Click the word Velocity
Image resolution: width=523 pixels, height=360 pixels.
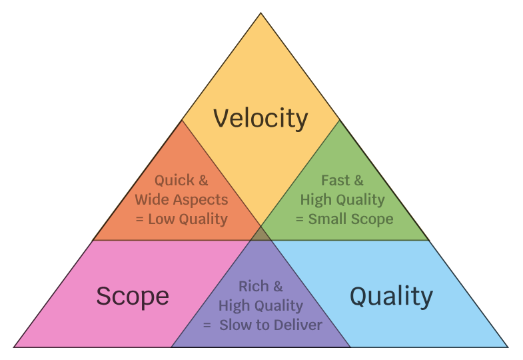(261, 119)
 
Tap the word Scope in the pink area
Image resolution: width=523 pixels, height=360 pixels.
(132, 295)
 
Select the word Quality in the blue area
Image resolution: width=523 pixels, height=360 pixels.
(391, 295)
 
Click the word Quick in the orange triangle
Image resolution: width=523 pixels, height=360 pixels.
(175, 180)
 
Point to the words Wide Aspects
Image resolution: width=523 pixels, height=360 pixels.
(181, 199)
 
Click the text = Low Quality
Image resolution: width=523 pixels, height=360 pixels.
(181, 219)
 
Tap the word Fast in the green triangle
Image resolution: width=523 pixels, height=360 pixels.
(335, 180)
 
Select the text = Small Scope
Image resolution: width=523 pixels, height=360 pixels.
(344, 219)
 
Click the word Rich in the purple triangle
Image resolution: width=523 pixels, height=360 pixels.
(253, 286)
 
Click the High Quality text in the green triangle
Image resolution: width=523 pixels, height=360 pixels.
(342, 199)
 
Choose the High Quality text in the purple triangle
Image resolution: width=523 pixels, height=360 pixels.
(261, 306)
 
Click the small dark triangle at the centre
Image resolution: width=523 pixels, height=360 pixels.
(261, 233)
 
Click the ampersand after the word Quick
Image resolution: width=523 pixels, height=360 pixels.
(203, 180)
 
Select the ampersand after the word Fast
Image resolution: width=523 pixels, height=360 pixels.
(358, 180)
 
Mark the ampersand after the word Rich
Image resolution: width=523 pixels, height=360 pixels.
(278, 286)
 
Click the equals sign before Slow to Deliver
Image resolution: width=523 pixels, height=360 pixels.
(207, 326)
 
